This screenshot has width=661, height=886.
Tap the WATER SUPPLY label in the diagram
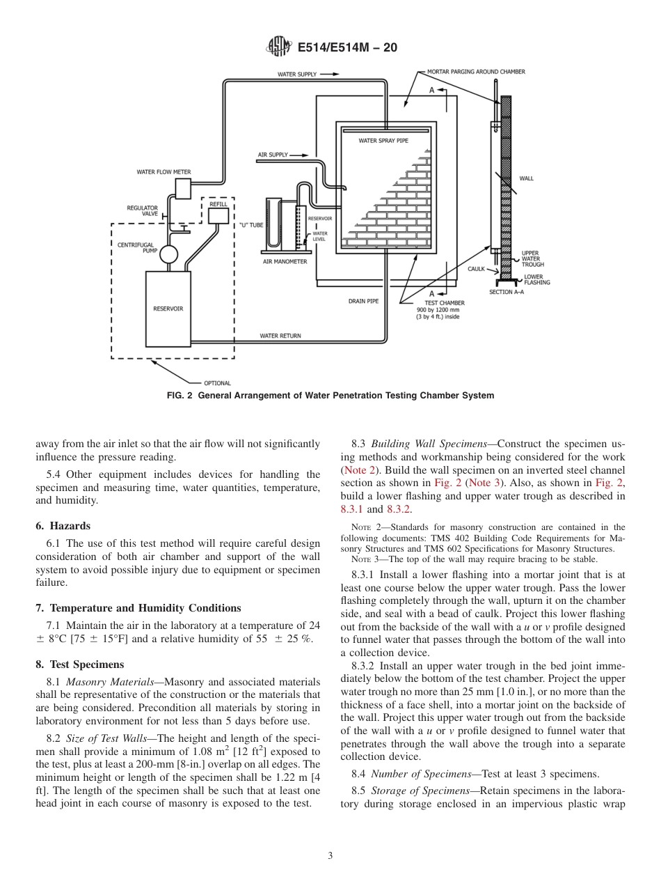[x=297, y=74]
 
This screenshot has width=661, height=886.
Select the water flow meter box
[x=183, y=188]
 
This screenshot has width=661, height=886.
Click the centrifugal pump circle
[x=169, y=254]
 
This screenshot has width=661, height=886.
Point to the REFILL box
[x=218, y=215]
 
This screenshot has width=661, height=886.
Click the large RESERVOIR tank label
[x=168, y=309]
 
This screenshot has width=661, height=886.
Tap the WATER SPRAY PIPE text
[x=383, y=141]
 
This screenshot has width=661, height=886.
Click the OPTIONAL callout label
[x=217, y=383]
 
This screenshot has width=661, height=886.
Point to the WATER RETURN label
[x=280, y=336]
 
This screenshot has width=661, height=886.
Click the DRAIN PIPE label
[x=363, y=302]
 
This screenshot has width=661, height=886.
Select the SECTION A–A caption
[x=506, y=292]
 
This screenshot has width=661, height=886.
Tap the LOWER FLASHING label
[x=536, y=279]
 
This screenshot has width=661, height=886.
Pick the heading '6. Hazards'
[x=63, y=526]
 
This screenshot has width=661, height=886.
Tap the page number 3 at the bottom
[x=330, y=856]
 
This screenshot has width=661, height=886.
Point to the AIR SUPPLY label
[x=273, y=155]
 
